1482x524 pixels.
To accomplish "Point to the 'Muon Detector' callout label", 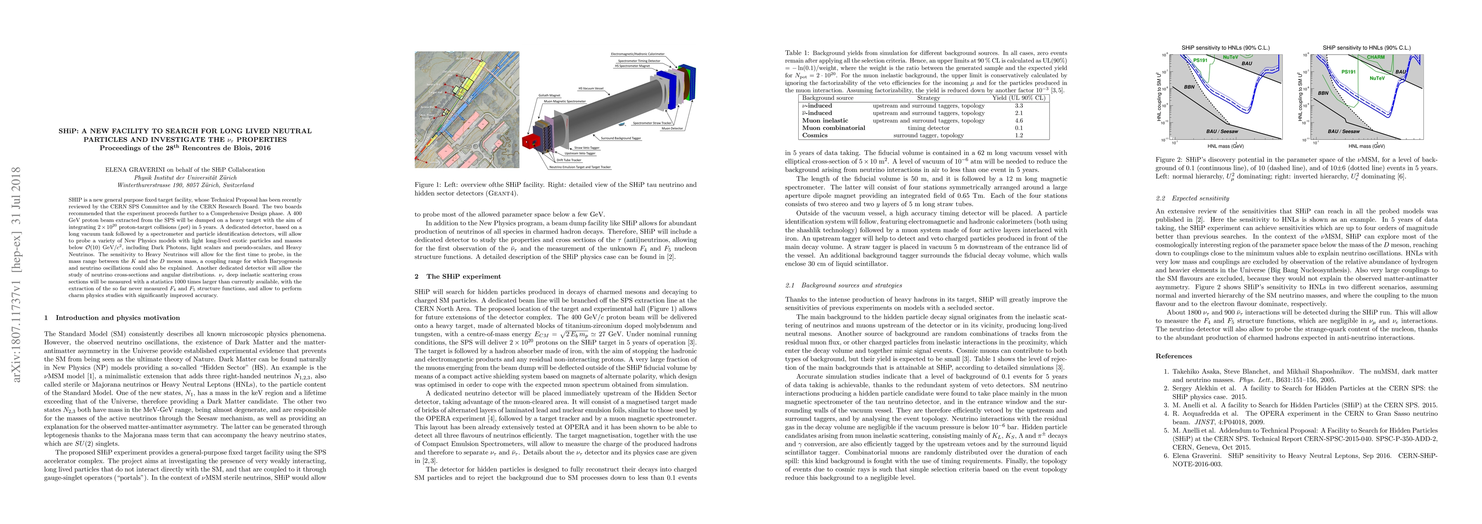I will click(672, 128).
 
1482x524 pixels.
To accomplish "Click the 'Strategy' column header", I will click(928, 98).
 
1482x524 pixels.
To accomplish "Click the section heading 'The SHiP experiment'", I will click(463, 277).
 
